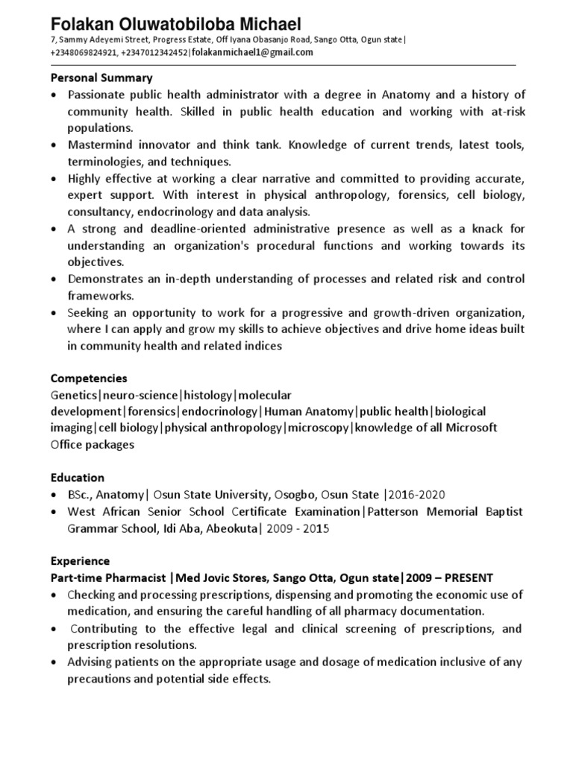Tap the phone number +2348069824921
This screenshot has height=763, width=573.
(83, 53)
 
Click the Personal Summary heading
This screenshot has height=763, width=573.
(101, 77)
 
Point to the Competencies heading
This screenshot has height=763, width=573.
(89, 379)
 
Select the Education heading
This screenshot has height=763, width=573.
(78, 478)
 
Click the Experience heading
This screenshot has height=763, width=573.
(80, 561)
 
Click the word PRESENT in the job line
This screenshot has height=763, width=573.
(466, 577)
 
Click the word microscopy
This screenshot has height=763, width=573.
(319, 428)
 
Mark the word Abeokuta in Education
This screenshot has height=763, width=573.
(228, 528)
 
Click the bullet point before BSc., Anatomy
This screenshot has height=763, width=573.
(54, 495)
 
